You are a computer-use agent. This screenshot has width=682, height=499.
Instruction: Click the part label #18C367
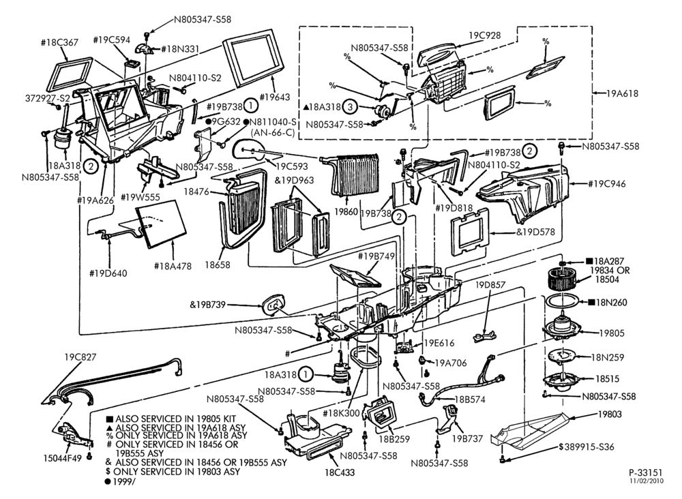(x=59, y=42)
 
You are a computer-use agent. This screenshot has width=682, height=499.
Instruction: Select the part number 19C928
(x=485, y=35)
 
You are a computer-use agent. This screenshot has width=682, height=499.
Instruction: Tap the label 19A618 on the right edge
(x=623, y=93)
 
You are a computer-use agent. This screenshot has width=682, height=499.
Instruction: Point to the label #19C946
(x=607, y=183)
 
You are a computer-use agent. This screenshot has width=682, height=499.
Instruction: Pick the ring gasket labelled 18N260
(x=562, y=301)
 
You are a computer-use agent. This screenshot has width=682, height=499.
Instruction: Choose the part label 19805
(x=611, y=333)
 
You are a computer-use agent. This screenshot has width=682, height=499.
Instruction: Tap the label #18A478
(x=173, y=266)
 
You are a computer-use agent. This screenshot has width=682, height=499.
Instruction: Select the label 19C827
(x=80, y=357)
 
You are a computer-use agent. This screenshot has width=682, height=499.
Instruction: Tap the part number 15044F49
(x=63, y=457)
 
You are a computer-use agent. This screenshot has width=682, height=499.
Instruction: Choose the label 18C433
(x=339, y=472)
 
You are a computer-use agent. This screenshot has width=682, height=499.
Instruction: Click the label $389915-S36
(x=587, y=447)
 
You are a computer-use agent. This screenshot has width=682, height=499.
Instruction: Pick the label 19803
(x=609, y=414)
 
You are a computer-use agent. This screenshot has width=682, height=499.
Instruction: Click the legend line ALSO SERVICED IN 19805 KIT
(x=170, y=419)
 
